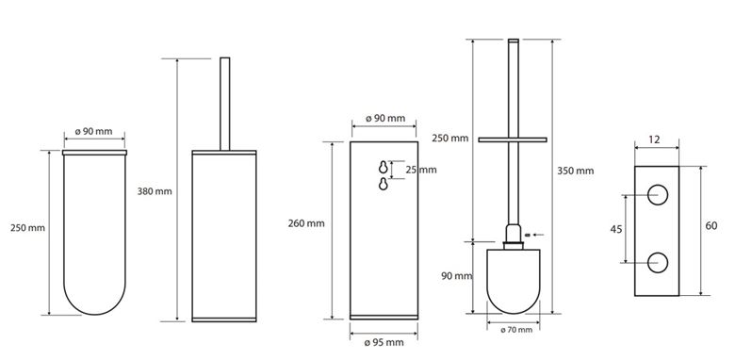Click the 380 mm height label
coord(155,191)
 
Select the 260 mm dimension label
coord(306,223)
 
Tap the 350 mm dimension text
coord(575,171)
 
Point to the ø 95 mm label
coord(384,342)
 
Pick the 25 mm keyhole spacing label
coord(421,170)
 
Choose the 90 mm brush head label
coord(457,276)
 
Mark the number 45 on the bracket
coord(616,229)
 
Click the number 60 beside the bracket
coord(711,226)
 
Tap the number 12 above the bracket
coord(655,139)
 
